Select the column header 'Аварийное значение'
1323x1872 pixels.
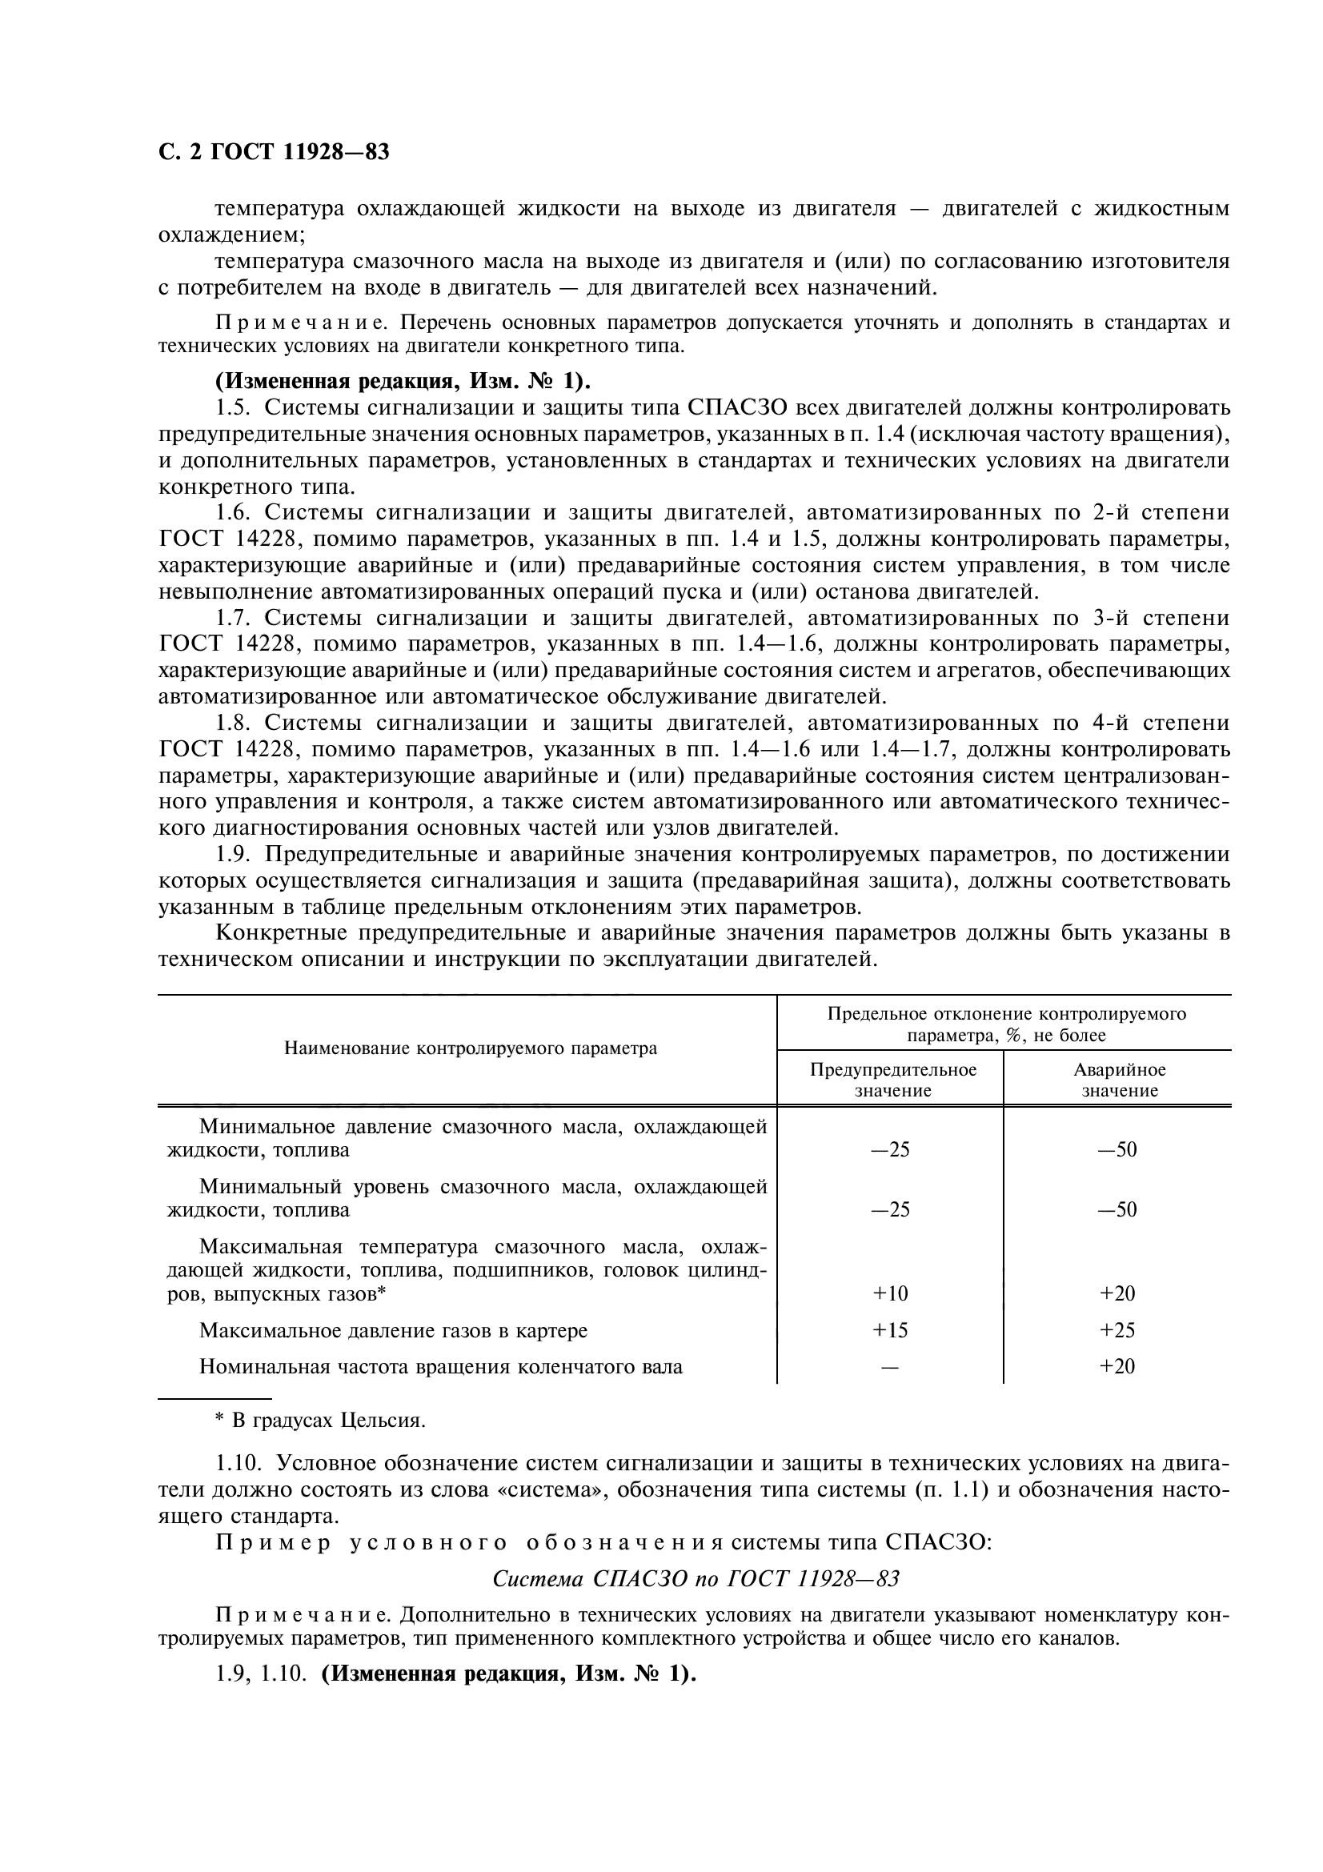[x=1119, y=1080]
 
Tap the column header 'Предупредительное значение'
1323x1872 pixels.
[x=892, y=1080]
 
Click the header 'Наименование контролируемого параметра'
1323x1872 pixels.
[x=471, y=1048]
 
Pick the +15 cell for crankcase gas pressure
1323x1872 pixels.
[x=890, y=1330]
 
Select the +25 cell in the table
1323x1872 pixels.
[x=1117, y=1330]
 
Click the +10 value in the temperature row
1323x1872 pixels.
[x=890, y=1293]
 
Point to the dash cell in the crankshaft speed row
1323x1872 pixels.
[x=890, y=1366]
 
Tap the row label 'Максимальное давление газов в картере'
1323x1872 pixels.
[x=393, y=1331]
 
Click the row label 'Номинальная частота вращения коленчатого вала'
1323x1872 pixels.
[x=440, y=1366]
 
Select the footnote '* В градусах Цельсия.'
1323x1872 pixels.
[x=320, y=1421]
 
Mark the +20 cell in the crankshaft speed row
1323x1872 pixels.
[x=1117, y=1366]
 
